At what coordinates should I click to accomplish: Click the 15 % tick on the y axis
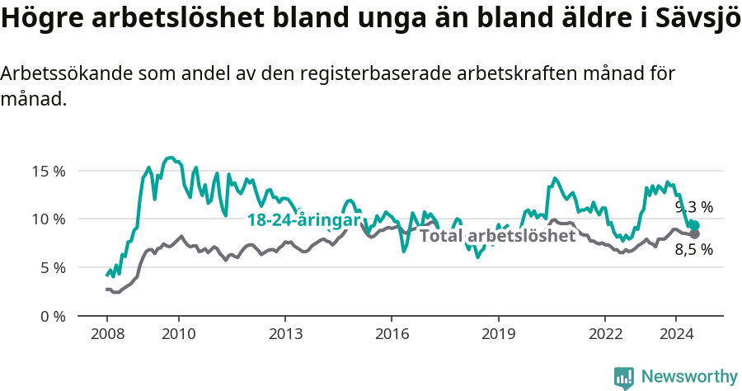click(48, 172)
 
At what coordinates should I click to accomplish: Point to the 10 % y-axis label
click(48, 219)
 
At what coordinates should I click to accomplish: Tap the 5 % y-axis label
click(51, 267)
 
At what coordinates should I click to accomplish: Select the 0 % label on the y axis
click(51, 316)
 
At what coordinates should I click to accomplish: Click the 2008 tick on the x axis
click(107, 334)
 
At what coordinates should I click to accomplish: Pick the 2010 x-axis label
click(178, 334)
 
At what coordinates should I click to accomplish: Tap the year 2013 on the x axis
click(285, 334)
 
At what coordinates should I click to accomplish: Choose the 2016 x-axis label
click(392, 334)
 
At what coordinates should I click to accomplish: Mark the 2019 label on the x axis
click(498, 334)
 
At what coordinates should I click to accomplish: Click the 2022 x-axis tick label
click(604, 334)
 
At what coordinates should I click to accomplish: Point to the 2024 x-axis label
click(675, 334)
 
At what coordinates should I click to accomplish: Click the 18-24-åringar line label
click(303, 220)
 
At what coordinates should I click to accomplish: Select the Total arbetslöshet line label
click(497, 236)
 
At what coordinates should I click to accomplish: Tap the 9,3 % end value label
click(694, 207)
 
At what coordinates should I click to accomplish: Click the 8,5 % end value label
click(694, 250)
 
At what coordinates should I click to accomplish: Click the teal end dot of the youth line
click(694, 225)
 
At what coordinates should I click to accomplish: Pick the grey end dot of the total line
click(694, 234)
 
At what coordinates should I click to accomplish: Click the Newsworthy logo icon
click(624, 377)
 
